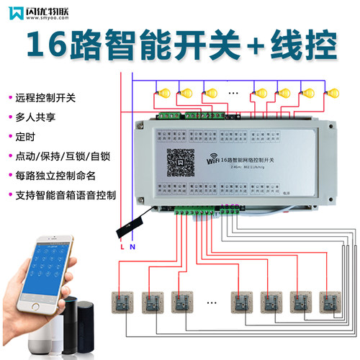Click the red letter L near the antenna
[x=122, y=247]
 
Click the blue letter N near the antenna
[x=133, y=247]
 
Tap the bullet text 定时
[x=24, y=136]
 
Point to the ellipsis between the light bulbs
[x=233, y=92]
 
